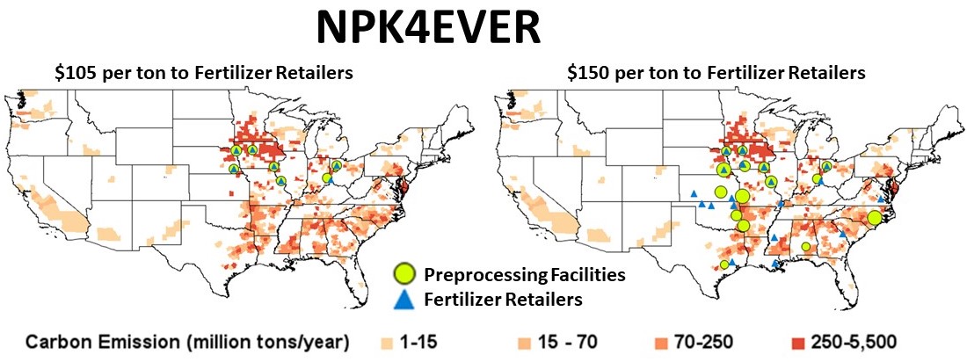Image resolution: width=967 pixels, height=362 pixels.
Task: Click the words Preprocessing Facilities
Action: pos(525,274)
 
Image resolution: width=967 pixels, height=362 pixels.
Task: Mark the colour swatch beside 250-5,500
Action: pos(792,341)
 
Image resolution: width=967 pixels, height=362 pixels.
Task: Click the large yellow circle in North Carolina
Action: pos(874,218)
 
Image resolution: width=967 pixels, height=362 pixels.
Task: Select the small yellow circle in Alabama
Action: pos(805,247)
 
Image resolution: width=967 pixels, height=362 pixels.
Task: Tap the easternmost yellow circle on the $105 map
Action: pos(336,165)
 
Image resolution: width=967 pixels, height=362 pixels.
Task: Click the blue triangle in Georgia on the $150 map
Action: pos(843,235)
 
